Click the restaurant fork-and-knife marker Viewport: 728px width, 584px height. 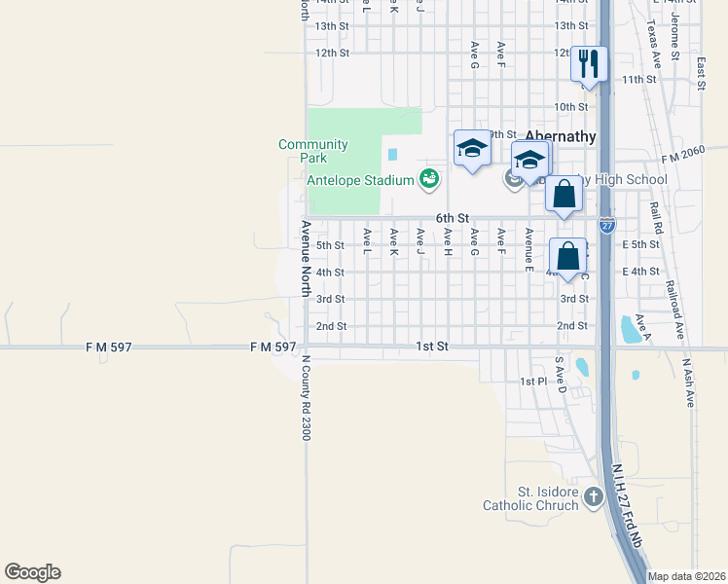pos(589,64)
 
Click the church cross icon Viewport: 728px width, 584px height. pos(594,497)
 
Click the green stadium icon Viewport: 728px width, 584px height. pos(428,178)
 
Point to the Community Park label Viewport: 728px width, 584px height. pos(312,151)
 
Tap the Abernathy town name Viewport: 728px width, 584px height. pos(560,136)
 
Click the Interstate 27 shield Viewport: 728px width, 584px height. pos(606,224)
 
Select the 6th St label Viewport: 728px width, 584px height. pos(453,218)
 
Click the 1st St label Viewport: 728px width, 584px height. pos(432,347)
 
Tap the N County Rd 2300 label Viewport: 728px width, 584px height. pos(305,397)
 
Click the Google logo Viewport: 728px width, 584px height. pos(32,572)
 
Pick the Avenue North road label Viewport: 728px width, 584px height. pos(305,258)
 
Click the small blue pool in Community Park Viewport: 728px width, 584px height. pos(392,154)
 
